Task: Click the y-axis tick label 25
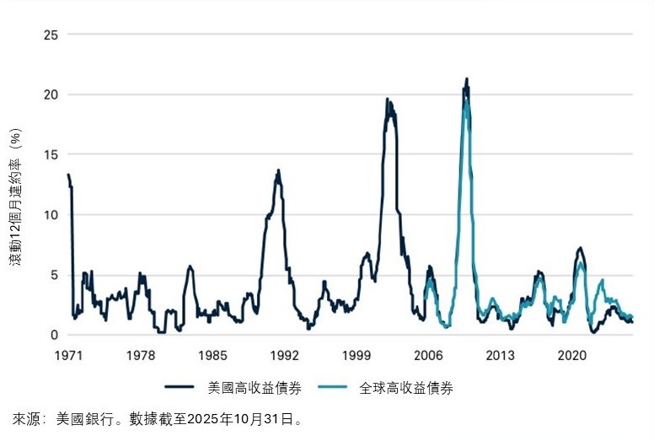53,35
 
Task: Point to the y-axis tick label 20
53,94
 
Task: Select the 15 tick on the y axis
53,154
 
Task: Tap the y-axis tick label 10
53,214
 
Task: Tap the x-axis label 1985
212,355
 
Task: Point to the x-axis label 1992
284,355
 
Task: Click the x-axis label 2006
428,355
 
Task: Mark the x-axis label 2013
500,355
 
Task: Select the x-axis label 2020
572,355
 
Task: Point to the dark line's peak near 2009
466,79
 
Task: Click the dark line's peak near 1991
278,170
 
